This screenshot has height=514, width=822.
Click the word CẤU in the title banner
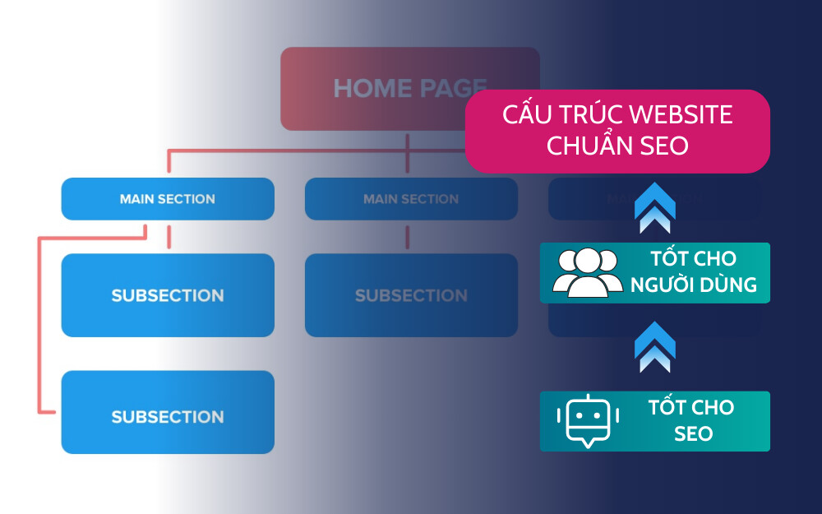(x=526, y=115)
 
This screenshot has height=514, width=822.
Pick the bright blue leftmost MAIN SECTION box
(x=168, y=199)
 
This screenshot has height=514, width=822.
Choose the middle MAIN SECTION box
(x=411, y=199)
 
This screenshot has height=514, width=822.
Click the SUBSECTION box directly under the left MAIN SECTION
(x=168, y=295)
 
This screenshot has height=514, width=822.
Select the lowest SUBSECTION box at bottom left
(x=168, y=417)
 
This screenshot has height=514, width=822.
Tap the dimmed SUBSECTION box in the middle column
(x=411, y=295)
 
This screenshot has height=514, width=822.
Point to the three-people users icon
(x=587, y=272)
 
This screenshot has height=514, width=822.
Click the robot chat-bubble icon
(x=587, y=420)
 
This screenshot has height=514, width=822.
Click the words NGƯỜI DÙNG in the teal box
(x=692, y=286)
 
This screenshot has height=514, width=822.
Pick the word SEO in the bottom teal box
(x=692, y=433)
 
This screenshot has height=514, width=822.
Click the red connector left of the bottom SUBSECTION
(x=39, y=329)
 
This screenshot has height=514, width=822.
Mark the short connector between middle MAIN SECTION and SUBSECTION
(x=408, y=238)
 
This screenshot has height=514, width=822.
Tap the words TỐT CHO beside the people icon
(x=692, y=259)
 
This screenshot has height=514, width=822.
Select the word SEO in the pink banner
(x=664, y=146)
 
